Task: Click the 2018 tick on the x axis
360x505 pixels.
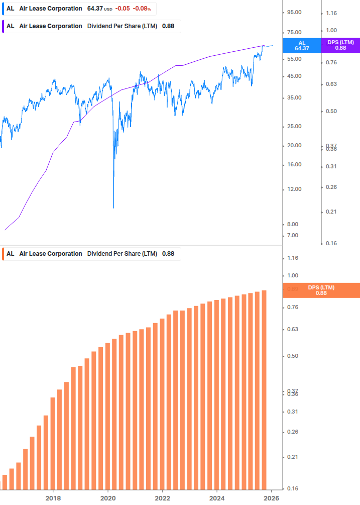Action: point(53,498)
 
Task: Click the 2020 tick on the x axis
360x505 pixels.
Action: point(107,498)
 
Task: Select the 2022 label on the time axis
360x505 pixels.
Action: point(162,498)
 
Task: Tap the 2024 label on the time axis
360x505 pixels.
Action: point(217,498)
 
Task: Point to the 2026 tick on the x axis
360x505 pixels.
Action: point(271,498)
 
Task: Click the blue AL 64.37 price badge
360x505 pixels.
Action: point(302,46)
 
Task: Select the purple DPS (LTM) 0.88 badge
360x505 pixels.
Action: point(340,46)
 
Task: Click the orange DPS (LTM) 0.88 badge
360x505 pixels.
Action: point(321,290)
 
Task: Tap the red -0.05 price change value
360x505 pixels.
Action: point(123,9)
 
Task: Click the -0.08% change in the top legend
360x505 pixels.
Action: point(142,9)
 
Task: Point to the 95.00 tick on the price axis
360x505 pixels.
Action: point(294,13)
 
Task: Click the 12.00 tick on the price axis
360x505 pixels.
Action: point(294,189)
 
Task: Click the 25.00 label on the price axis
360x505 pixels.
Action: point(294,127)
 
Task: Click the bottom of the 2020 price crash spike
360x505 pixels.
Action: point(113,207)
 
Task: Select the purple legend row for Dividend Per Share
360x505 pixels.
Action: point(90,26)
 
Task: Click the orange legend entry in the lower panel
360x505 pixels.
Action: point(90,254)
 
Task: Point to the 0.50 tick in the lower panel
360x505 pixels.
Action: point(292,356)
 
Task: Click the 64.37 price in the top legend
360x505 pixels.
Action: point(94,9)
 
